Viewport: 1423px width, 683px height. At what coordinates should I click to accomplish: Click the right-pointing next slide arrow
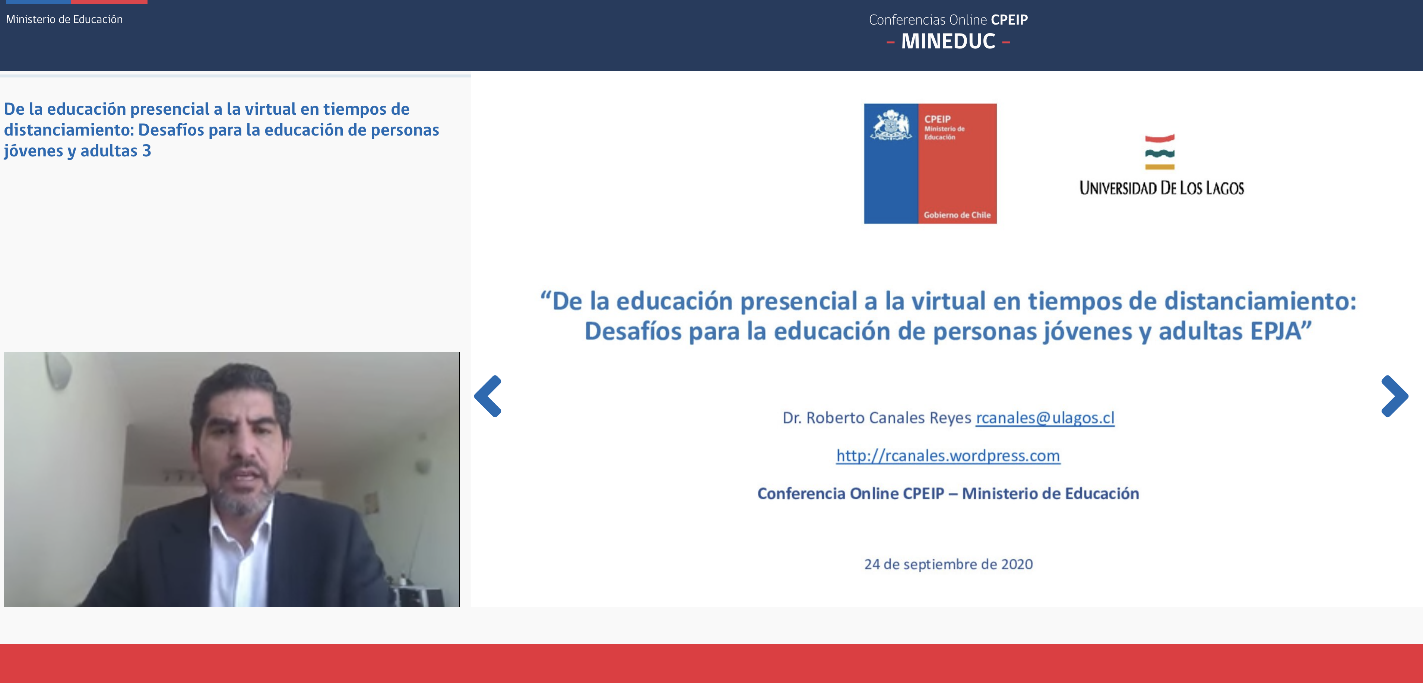[1394, 396]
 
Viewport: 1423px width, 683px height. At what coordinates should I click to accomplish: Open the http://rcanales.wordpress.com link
[948, 456]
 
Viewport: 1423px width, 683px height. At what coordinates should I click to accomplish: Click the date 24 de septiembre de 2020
[948, 564]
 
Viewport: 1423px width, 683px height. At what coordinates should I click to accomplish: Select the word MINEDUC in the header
[948, 41]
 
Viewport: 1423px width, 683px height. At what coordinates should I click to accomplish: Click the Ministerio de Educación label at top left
[64, 19]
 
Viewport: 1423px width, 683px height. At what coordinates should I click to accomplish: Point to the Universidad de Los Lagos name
[1162, 188]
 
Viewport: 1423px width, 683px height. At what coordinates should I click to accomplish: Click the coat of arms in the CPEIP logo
[890, 126]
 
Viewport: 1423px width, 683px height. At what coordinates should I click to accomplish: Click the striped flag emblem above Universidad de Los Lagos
[1160, 152]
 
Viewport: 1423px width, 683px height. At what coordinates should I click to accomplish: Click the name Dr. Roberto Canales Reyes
[877, 418]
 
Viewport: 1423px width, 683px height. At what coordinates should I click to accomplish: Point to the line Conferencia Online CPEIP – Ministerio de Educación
[948, 493]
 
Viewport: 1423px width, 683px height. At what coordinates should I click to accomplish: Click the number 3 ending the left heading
[146, 151]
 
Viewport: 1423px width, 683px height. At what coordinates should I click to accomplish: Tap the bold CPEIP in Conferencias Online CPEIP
[1009, 20]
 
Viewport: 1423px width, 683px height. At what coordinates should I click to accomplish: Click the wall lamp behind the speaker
[58, 370]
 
